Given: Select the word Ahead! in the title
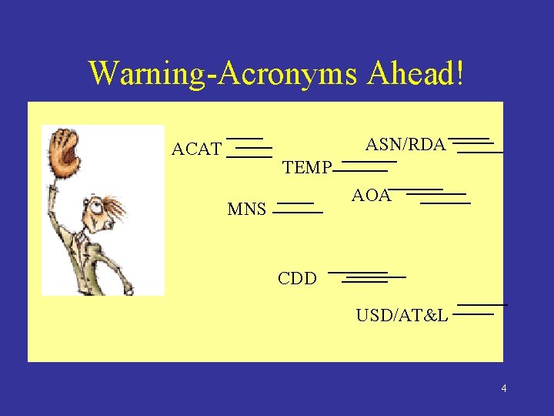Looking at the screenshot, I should coord(415,73).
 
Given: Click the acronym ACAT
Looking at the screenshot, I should coord(196,149).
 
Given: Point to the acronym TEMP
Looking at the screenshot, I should coord(307,168).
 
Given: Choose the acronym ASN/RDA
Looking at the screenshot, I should coord(405,145).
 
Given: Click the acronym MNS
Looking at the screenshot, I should coord(247,209).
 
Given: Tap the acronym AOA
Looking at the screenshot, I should coord(371,196).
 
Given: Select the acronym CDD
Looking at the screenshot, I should coord(297,279).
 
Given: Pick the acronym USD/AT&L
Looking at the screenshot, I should coord(402,315).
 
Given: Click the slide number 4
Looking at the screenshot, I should coord(503,388).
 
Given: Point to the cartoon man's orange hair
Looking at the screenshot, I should coord(115,206).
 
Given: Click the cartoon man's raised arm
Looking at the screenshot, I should coord(53,208).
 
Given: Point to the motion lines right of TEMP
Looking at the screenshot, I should coord(365,166).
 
